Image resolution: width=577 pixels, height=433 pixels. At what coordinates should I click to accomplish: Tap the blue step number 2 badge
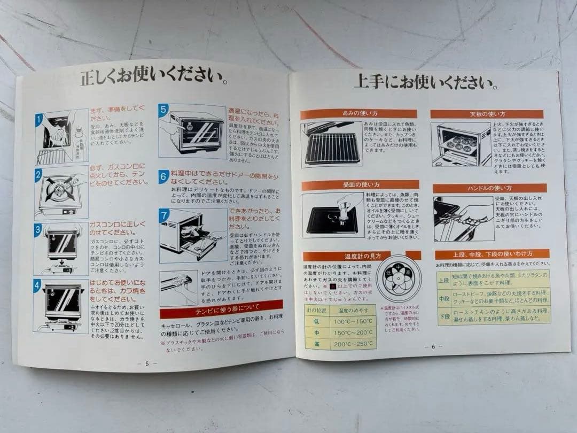click(x=39, y=175)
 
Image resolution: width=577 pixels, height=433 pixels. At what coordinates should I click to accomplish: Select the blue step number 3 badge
click(x=38, y=230)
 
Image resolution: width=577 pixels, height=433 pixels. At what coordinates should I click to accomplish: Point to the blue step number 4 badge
click(x=37, y=285)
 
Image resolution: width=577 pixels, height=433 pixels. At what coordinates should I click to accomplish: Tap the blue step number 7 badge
click(x=163, y=215)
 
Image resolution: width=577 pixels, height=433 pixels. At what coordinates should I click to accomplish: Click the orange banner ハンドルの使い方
click(x=489, y=188)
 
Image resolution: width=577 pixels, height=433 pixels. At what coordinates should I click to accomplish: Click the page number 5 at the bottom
click(x=147, y=363)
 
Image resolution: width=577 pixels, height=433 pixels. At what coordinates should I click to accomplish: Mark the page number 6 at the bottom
click(x=434, y=346)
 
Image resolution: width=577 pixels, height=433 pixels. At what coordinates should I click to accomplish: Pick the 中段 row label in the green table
click(x=443, y=299)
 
